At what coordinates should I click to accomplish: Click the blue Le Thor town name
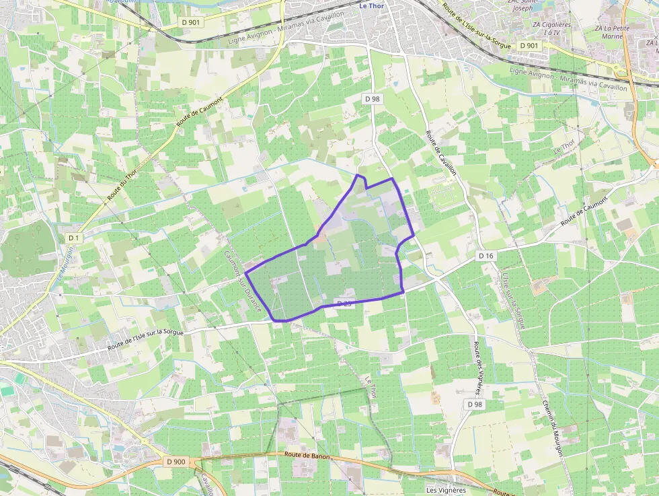(372, 5)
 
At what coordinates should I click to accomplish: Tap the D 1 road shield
(73, 238)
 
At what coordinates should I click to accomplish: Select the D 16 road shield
(486, 256)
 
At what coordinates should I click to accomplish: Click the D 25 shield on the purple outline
(344, 304)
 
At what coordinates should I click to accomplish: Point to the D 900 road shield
(175, 461)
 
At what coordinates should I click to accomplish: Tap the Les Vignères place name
(446, 490)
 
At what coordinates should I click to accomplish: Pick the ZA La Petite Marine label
(610, 33)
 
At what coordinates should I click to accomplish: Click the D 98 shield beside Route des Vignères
(475, 404)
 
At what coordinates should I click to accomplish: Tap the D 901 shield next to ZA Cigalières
(529, 45)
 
